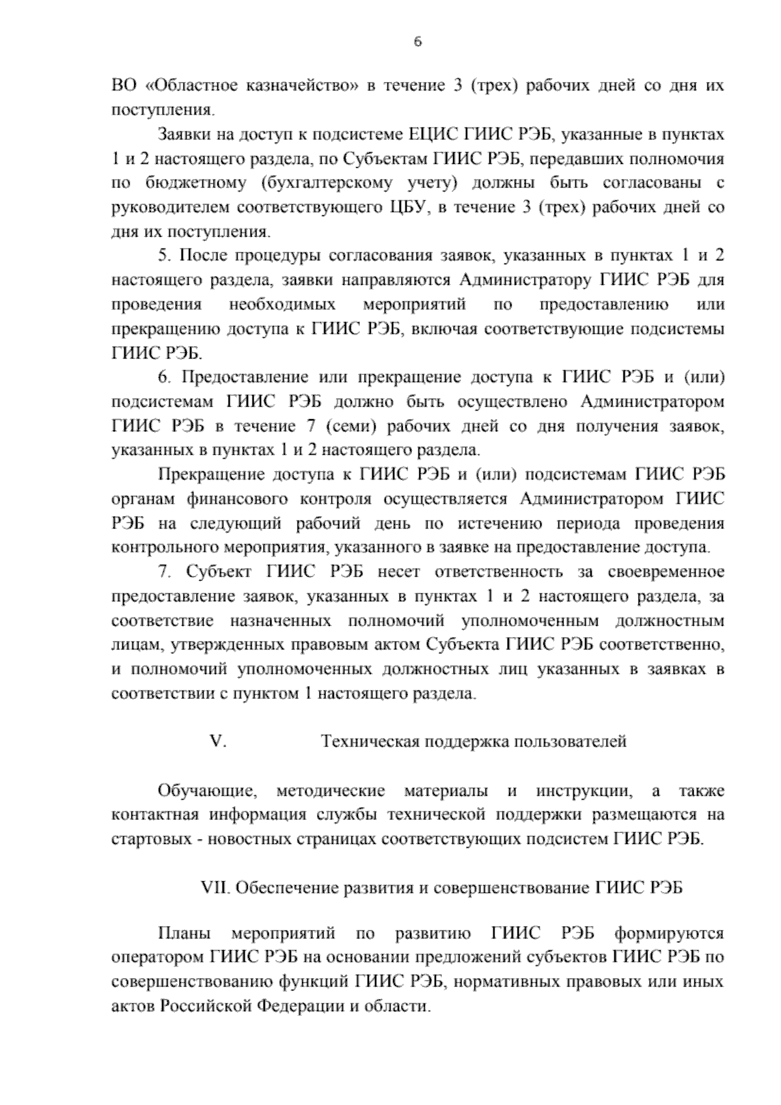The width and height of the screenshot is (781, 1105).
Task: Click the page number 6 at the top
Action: tap(418, 42)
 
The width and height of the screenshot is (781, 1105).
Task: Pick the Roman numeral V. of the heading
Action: tap(217, 741)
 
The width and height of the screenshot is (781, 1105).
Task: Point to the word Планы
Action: tap(184, 934)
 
